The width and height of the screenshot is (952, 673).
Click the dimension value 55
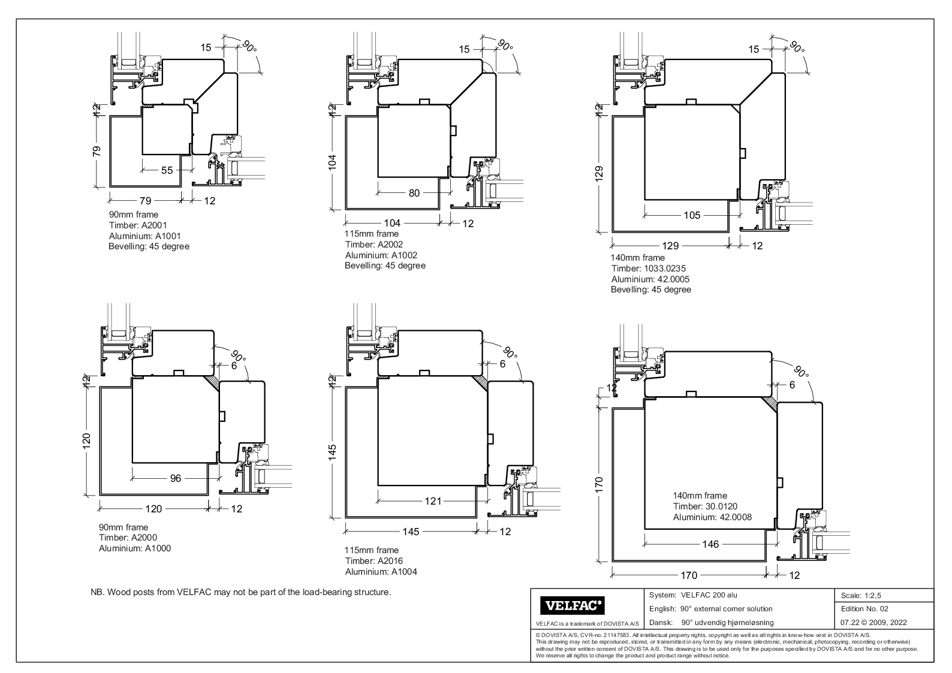click(167, 170)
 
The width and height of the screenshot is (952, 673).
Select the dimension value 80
click(414, 193)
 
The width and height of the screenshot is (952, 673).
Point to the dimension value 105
click(692, 216)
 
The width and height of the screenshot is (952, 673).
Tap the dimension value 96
click(176, 478)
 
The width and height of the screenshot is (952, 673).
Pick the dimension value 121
click(433, 501)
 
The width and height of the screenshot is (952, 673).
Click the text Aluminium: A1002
click(381, 255)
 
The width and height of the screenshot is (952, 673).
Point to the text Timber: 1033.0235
click(648, 268)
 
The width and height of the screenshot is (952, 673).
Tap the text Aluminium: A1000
click(135, 548)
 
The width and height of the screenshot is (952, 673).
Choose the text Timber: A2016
click(373, 561)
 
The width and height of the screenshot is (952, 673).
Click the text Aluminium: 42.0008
click(712, 517)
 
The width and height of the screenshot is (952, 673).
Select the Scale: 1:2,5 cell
click(861, 596)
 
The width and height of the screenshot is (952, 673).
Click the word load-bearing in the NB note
click(320, 593)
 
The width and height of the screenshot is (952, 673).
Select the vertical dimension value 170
click(604, 482)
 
